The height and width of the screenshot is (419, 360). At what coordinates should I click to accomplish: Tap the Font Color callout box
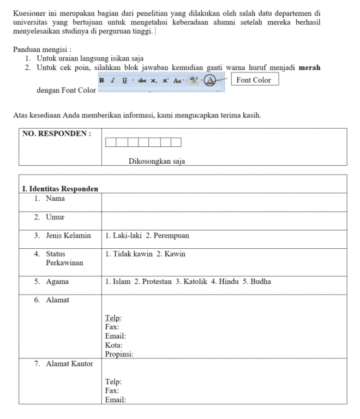pos(254,80)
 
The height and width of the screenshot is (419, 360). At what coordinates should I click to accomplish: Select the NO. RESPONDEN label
pos(57,134)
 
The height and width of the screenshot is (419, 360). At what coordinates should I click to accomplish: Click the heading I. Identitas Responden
pos(60,189)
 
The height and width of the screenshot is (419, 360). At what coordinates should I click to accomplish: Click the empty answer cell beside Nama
pos(224,202)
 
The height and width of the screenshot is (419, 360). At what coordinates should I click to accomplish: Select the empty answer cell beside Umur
pos(224,220)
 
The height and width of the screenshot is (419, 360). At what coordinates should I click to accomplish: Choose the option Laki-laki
pos(124,236)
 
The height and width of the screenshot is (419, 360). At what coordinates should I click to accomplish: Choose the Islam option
pos(118,282)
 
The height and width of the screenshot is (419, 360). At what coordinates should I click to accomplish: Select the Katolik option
pos(191,282)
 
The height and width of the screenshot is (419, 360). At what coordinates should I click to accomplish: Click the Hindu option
pos(225,282)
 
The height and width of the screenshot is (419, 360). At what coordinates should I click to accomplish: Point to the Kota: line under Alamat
pos(113,345)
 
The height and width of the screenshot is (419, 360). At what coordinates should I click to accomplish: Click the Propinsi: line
pos(119,354)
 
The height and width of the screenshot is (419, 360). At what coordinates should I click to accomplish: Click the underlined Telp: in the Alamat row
pos(113,318)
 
